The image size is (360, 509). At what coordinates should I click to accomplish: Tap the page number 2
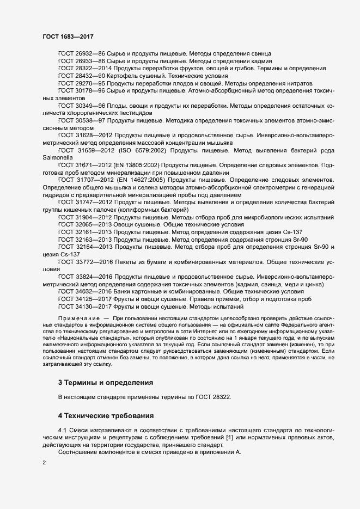point(44,463)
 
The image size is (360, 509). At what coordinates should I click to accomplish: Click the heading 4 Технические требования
point(102,416)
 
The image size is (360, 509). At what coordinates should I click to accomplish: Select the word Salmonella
point(58,157)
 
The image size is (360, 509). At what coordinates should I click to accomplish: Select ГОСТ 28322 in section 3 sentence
point(211,397)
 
